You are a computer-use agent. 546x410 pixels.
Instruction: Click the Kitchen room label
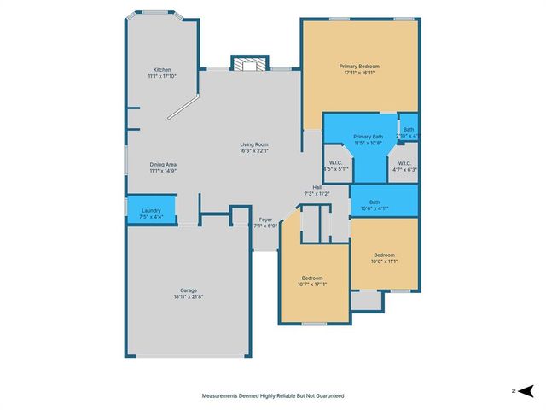coord(162,69)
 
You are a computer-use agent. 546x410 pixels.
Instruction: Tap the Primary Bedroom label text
coord(359,66)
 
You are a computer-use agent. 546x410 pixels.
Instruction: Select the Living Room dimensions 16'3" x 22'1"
coord(254,151)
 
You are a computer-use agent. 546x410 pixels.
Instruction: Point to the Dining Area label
coord(162,165)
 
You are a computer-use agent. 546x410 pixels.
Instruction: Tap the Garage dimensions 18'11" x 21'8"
coord(189,296)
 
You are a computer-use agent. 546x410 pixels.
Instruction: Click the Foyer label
coord(265,220)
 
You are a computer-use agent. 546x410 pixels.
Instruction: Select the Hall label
coord(317,187)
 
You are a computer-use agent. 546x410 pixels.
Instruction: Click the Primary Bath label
coord(369,137)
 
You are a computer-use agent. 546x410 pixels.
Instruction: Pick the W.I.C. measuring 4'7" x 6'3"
coord(404,166)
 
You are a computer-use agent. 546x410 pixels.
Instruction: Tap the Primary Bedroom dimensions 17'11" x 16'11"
coord(359,73)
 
